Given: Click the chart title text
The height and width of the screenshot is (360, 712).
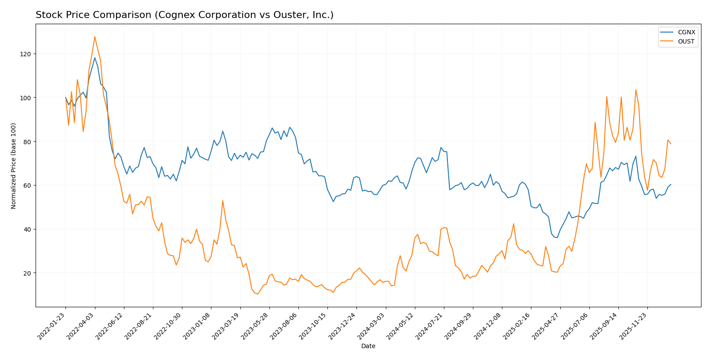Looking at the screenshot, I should [184, 15].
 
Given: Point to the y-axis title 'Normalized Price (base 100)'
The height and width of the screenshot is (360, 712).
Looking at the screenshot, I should [14, 166].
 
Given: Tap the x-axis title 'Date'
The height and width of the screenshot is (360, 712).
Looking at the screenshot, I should [368, 346].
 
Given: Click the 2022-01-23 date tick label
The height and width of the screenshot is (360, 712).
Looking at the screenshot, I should [52, 326].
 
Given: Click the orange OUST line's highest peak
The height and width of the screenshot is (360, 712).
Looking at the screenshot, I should [94, 36].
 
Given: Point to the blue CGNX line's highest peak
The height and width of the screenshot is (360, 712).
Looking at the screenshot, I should [94, 58].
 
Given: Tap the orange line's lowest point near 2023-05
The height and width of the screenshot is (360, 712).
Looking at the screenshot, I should [258, 294].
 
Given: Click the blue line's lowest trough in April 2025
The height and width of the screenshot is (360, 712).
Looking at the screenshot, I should [557, 238].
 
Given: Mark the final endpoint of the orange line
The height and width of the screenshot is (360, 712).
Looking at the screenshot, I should [671, 144].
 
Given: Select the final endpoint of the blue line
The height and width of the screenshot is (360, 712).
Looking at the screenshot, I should [671, 184].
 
